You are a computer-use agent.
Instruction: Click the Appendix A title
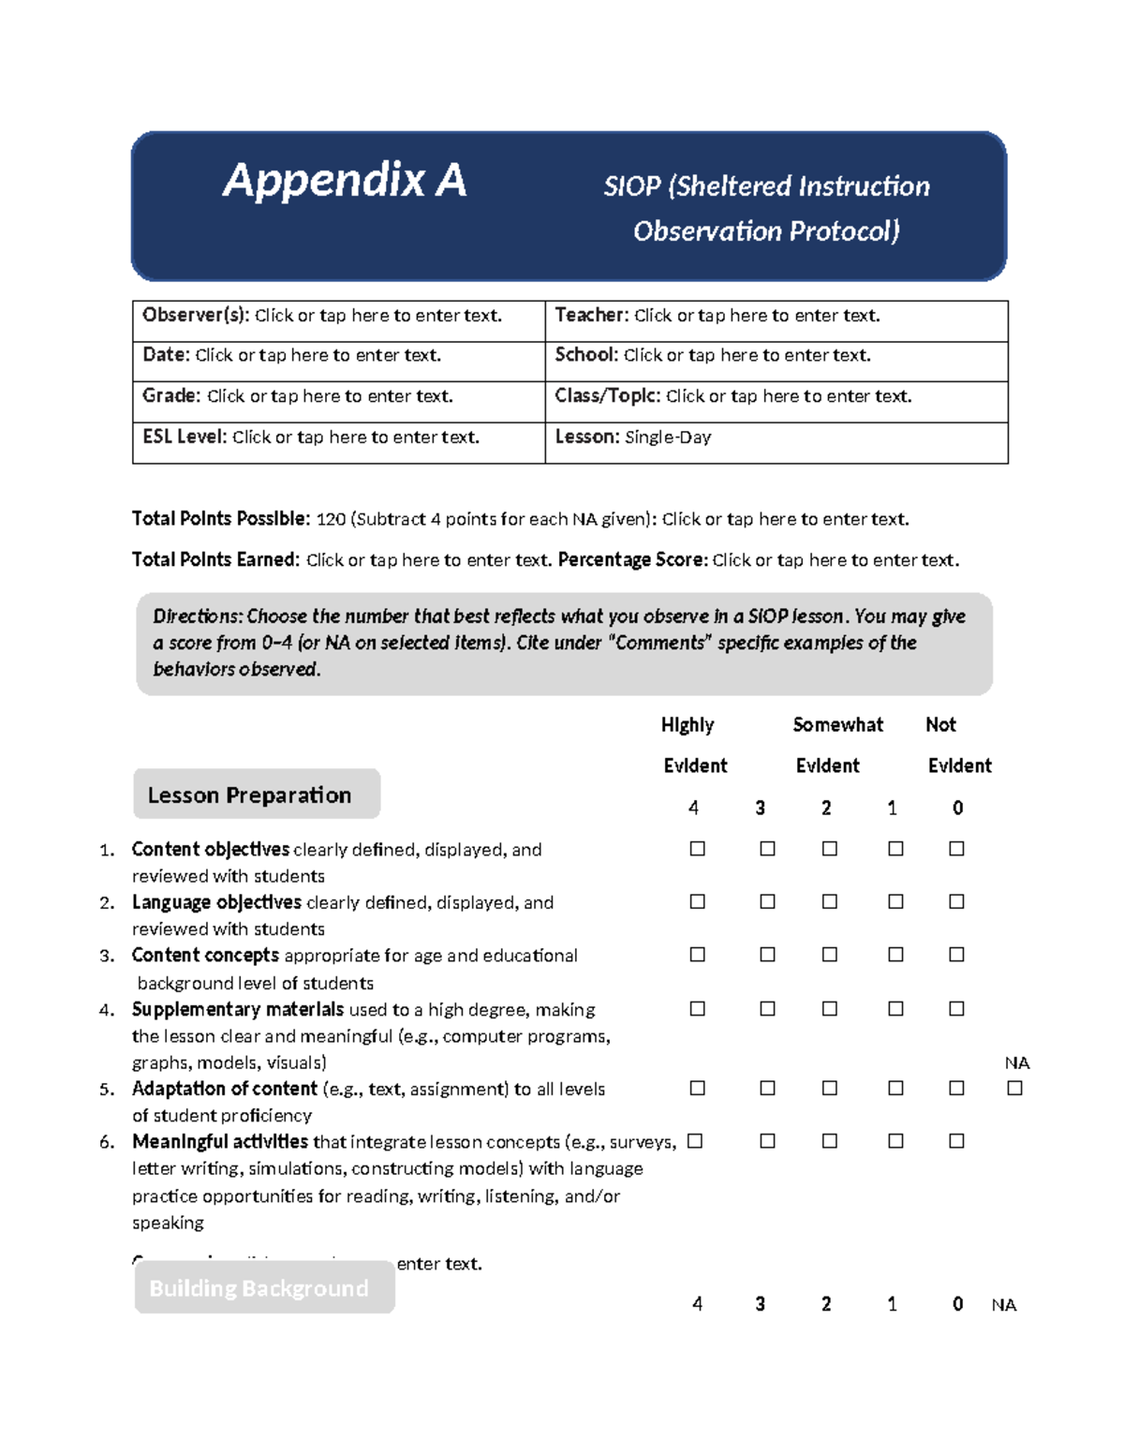click(344, 180)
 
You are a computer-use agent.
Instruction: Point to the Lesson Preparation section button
click(256, 794)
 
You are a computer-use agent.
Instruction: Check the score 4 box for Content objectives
click(697, 849)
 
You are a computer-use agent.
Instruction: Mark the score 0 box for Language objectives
click(956, 901)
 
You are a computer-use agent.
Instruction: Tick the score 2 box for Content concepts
click(829, 955)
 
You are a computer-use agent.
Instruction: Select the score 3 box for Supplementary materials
click(767, 1009)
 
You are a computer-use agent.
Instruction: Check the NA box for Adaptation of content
click(1014, 1089)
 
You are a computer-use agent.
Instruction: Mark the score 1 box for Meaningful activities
click(895, 1141)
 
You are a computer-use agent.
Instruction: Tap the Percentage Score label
click(631, 560)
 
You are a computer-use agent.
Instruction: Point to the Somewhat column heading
click(837, 725)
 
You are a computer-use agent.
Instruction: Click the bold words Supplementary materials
click(237, 1010)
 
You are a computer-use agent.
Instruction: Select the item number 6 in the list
click(107, 1142)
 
